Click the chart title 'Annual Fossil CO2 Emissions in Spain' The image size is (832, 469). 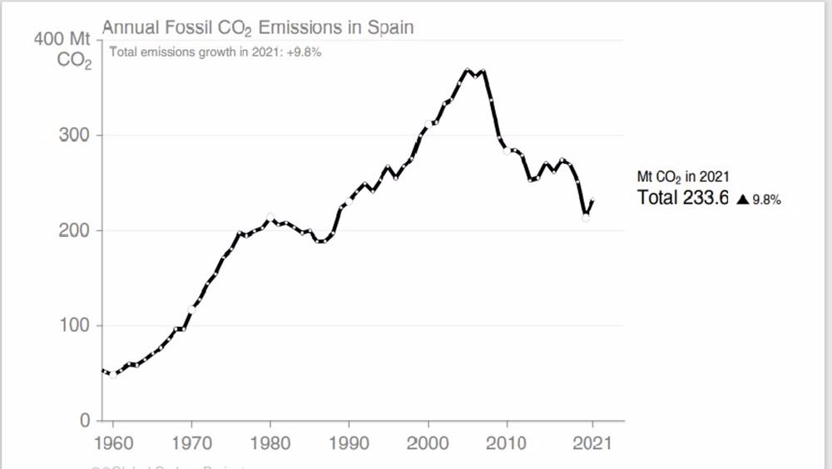click(x=257, y=27)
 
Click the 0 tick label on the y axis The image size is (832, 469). click(x=84, y=421)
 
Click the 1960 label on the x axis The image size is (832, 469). click(x=112, y=442)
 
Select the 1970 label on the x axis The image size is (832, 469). click(x=191, y=442)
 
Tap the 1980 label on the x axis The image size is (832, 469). click(x=270, y=442)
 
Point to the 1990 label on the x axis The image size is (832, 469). click(x=349, y=442)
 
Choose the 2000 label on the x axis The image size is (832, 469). click(x=428, y=442)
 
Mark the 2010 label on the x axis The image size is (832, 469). click(x=508, y=442)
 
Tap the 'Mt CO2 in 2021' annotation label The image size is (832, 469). click(x=683, y=177)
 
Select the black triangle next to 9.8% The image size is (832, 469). click(x=743, y=200)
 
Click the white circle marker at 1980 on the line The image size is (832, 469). click(x=270, y=218)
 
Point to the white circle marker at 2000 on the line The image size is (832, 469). click(x=428, y=125)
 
